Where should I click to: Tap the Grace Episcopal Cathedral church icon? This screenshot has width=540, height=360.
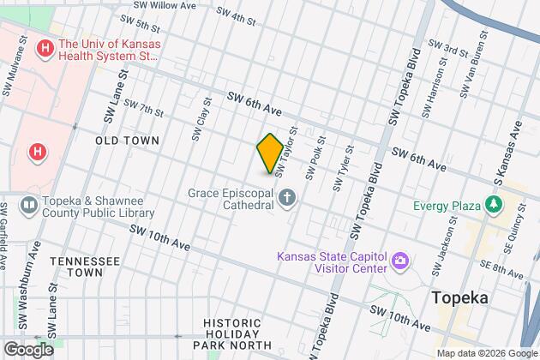click(x=287, y=199)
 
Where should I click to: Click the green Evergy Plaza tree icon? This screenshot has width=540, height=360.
click(x=493, y=204)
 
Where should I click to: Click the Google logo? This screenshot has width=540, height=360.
click(x=28, y=349)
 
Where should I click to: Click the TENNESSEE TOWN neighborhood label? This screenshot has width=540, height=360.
click(x=83, y=266)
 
